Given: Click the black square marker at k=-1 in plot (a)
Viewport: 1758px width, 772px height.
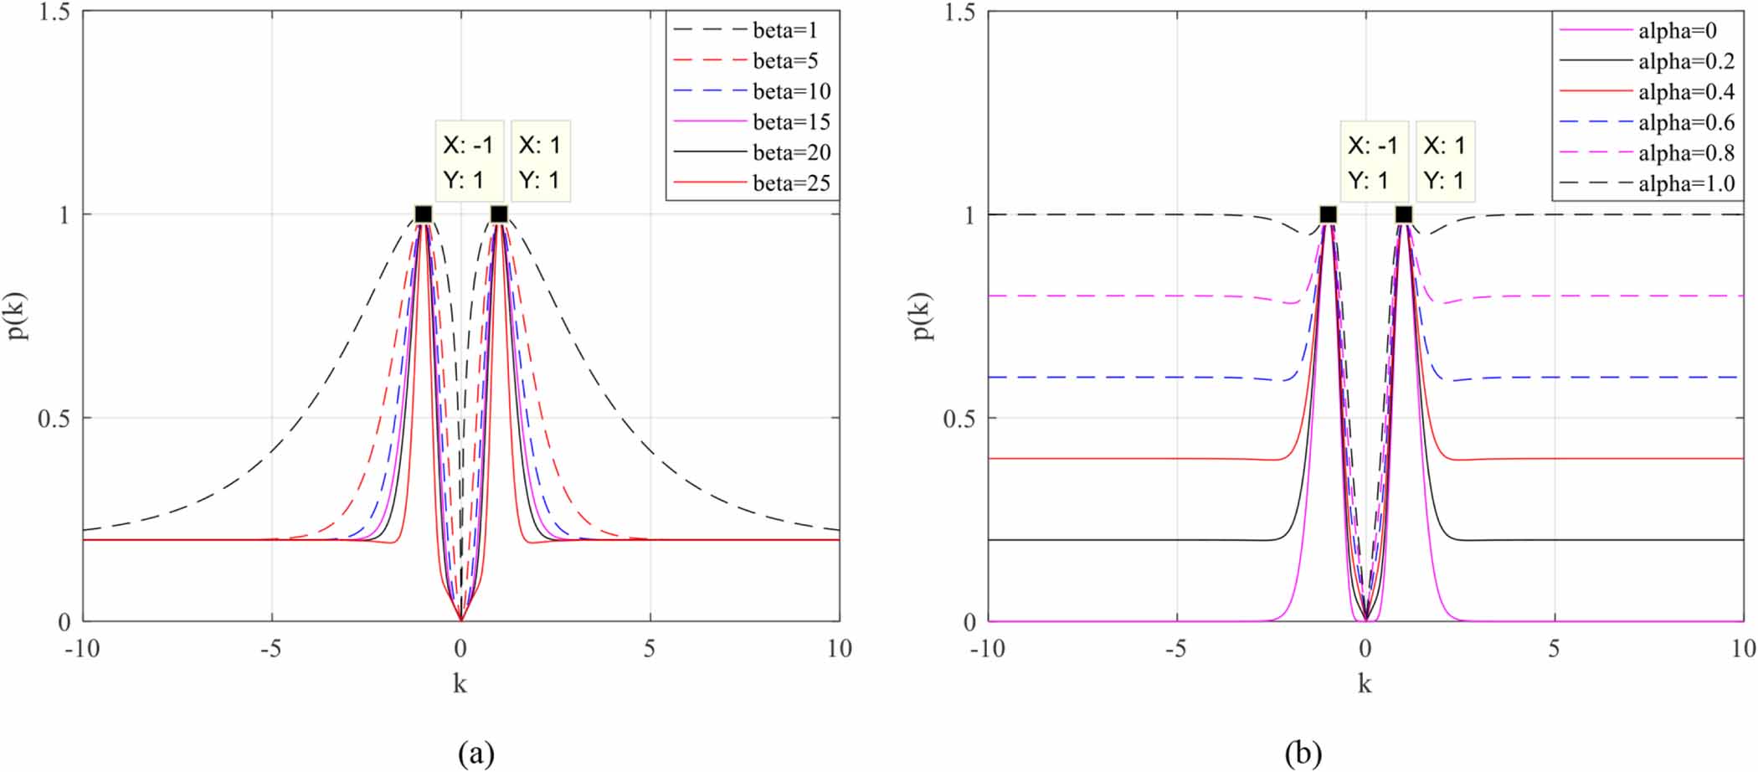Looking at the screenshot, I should pyautogui.click(x=424, y=214).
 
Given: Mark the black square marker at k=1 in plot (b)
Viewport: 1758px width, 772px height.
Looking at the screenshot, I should pyautogui.click(x=1404, y=214).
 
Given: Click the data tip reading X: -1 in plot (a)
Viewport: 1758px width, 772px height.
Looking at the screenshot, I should pyautogui.click(x=469, y=162).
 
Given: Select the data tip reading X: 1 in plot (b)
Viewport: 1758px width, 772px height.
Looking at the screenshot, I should pyautogui.click(x=1445, y=162).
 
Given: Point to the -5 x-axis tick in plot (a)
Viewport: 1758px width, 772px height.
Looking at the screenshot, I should pyautogui.click(x=270, y=649).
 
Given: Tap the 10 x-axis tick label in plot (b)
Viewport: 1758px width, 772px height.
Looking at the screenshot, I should pyautogui.click(x=1743, y=649).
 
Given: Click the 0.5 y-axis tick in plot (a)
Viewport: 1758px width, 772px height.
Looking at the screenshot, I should pyautogui.click(x=54, y=418).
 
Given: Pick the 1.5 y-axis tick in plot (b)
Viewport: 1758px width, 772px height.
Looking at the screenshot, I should pyautogui.click(x=959, y=13).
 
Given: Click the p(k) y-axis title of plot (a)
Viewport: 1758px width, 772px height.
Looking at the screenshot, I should pyautogui.click(x=18, y=317).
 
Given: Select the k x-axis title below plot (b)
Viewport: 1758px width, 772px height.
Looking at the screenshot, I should pyautogui.click(x=1365, y=684).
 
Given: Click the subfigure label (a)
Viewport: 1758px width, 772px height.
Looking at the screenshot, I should pyautogui.click(x=475, y=754).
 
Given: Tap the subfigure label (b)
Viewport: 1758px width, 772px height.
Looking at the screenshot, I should pyautogui.click(x=1303, y=754).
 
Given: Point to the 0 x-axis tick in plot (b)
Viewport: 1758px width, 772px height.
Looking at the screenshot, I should pyautogui.click(x=1365, y=649).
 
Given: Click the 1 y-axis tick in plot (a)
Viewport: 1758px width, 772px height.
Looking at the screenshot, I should pyautogui.click(x=64, y=215).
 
